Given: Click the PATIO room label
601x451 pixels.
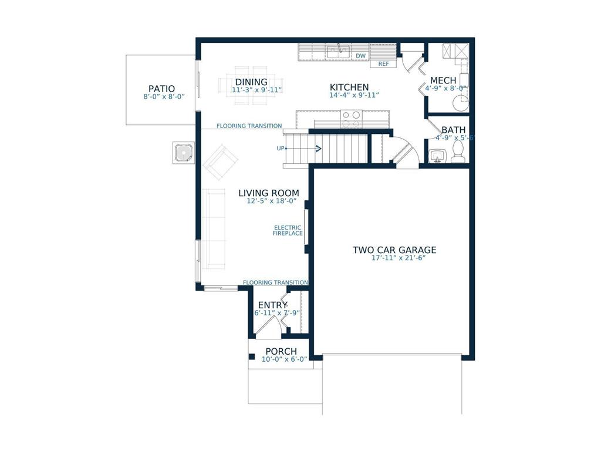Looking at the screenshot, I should [161, 89].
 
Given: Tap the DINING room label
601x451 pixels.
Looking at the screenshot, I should [251, 82].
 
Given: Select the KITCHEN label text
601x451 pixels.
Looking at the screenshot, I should [349, 87].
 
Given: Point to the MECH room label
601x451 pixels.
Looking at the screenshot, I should [444, 80].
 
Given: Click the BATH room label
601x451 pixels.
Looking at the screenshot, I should [454, 130].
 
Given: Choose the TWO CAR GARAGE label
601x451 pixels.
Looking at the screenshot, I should [394, 250].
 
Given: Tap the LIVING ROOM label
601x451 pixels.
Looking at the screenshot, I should [268, 193].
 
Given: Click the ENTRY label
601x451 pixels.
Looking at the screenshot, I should [272, 305].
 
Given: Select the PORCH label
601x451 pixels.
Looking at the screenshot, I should [281, 351].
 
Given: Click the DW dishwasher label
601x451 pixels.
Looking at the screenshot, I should [361, 56].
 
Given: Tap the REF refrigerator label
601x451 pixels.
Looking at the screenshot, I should [383, 63].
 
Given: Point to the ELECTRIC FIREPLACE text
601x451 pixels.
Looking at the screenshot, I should [288, 231].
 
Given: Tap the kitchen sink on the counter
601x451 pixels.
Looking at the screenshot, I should [339, 52].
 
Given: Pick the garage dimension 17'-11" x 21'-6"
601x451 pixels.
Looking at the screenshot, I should [394, 258].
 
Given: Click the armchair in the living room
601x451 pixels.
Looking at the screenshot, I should [220, 162].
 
